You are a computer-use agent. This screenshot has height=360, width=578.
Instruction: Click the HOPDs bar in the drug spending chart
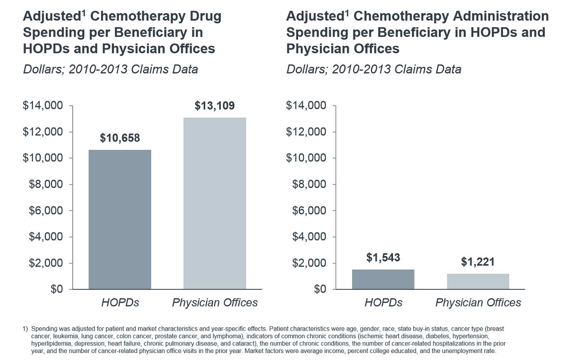120,219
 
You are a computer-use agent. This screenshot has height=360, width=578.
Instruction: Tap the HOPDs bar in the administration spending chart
383,279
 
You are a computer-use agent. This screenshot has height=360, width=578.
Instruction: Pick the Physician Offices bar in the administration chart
478,281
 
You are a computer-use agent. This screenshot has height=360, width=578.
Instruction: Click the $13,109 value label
215,106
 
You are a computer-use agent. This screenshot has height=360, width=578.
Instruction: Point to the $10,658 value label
120,138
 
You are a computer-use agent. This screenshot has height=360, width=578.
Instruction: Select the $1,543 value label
383,258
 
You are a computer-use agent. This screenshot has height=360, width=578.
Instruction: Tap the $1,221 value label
478,262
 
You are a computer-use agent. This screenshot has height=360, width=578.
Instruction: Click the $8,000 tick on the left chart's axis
45,184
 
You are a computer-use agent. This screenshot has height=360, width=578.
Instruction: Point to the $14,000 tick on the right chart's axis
306,106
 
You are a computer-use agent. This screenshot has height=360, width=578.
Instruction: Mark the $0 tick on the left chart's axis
57,289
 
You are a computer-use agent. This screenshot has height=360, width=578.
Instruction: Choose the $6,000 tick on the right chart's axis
309,211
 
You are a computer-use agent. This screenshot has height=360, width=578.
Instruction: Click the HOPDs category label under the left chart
120,303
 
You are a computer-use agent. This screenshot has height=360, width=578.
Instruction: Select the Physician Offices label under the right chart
478,303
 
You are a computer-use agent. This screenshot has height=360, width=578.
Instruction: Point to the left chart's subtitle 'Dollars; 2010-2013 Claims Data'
110,69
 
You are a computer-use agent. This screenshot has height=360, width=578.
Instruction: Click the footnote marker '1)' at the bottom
25,329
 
